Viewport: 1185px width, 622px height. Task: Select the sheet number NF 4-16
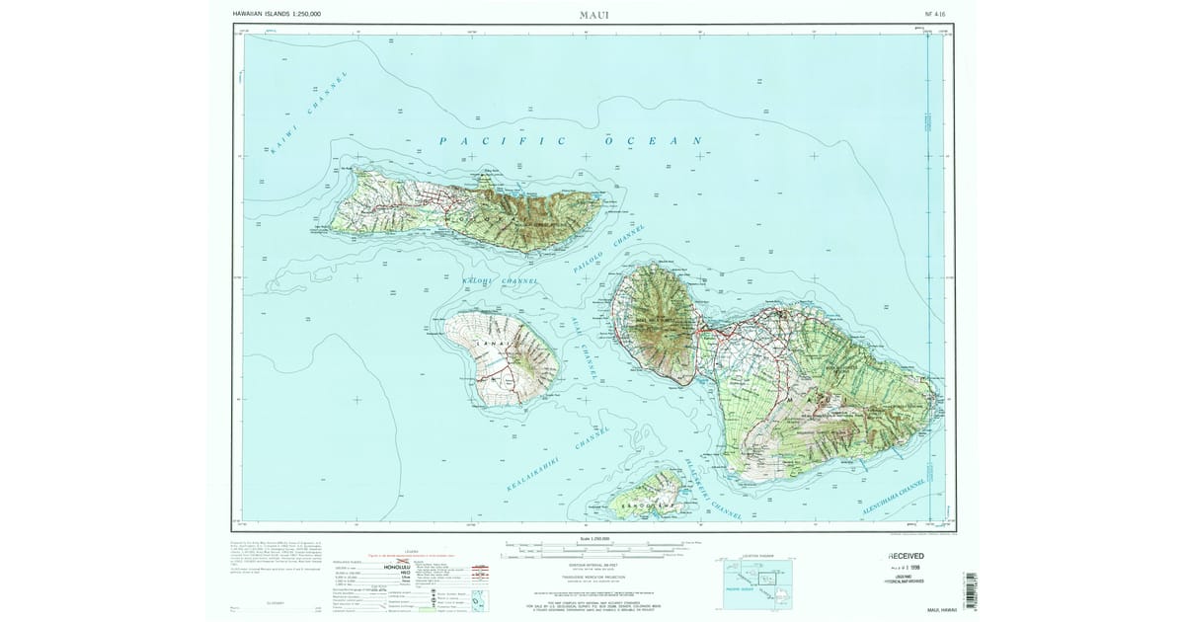click(935, 14)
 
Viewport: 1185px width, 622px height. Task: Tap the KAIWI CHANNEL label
click(310, 115)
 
